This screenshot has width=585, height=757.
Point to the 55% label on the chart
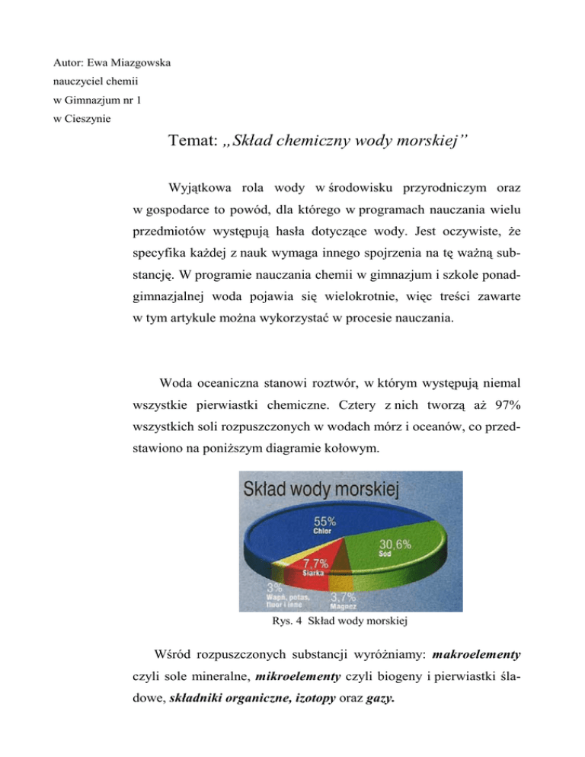pos(324,521)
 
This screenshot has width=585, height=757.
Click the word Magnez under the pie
pos(344,607)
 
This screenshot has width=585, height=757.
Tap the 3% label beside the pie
pos(273,588)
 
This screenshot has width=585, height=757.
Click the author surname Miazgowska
pos(136,61)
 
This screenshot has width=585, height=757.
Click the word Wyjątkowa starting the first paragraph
pos(200,187)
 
